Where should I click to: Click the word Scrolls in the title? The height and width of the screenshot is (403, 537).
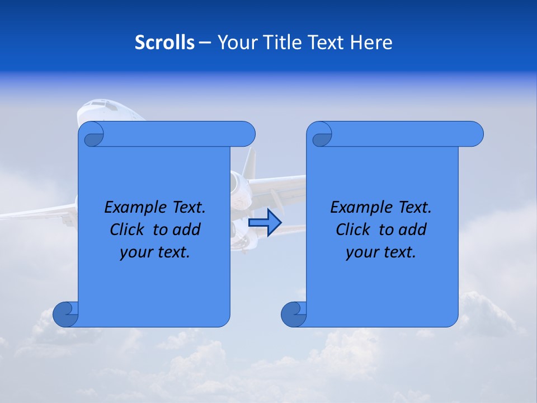[x=164, y=43]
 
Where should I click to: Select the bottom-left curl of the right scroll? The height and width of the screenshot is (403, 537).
[x=294, y=314]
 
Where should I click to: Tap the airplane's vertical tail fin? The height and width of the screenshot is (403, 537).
[x=249, y=162]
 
